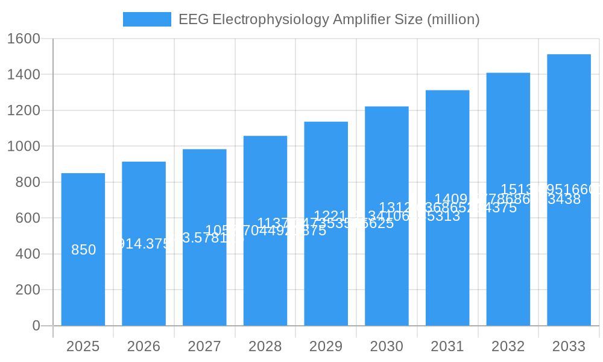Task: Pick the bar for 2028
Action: tap(265, 278)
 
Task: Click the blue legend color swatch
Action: tap(147, 19)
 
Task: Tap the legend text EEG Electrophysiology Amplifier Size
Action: tap(329, 19)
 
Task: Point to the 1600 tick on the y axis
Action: tap(24, 39)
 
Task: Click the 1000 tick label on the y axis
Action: tap(24, 146)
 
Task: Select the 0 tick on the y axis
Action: tap(36, 326)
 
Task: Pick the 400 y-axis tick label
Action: tap(28, 254)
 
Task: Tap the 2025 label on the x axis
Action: tap(83, 346)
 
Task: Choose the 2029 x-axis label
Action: tap(326, 346)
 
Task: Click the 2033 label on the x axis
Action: tap(569, 346)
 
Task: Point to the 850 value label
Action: tap(83, 250)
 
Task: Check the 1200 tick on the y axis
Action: tap(24, 110)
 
